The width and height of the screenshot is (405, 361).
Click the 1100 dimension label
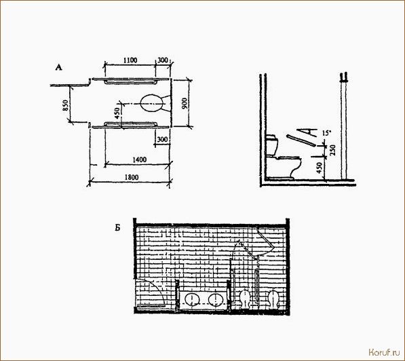130,60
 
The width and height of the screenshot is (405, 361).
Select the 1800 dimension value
132,178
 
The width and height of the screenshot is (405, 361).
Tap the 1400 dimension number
140,159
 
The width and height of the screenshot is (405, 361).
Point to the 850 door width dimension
65,105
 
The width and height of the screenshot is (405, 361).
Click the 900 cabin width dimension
185,103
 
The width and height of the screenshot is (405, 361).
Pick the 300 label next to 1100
162,60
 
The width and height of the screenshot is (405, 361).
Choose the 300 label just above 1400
162,140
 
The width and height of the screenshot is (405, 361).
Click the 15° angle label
326,134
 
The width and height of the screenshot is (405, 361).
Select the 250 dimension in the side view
333,150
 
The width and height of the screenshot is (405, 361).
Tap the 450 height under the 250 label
320,168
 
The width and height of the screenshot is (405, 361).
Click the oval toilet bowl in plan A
153,103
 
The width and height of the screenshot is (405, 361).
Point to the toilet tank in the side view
272,145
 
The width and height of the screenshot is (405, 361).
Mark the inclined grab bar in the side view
301,140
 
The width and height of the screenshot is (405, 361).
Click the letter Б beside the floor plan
118,228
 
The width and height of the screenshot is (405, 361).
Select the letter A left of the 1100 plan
59,68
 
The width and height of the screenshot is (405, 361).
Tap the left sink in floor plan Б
193,299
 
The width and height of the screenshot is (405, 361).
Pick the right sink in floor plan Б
216,299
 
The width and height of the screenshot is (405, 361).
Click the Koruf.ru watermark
384,352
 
